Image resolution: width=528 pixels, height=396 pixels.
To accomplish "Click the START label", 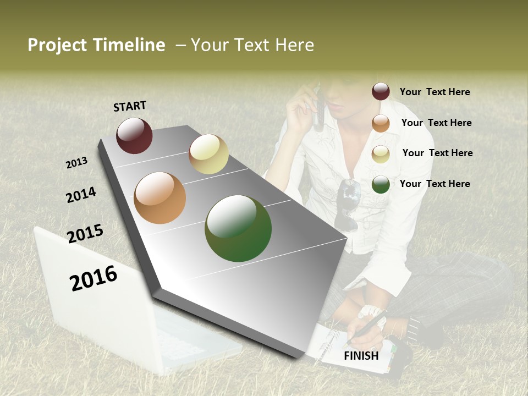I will pos(130,106).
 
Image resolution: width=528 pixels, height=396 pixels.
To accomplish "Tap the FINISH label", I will pos(361,356).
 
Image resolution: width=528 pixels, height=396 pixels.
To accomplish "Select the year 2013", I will pos(76,163).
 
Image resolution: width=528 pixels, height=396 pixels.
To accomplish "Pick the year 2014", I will pos(81,195).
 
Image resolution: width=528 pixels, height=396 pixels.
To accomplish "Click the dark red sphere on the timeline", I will pos(134,135).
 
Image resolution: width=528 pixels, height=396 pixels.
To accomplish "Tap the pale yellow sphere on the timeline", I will pos(208,154).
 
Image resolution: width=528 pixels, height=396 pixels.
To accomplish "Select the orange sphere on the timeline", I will pos(159,198).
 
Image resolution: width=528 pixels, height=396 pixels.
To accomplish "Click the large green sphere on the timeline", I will pos(238,228).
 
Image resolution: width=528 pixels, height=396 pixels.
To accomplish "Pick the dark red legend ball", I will pos(381,92).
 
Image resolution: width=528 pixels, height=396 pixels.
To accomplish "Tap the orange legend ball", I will pos(381,123).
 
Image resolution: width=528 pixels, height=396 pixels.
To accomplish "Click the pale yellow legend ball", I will pos(381,154).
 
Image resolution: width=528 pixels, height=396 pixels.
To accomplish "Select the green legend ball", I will pos(381,184).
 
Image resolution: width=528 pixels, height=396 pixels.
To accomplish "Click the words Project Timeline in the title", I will pos(96,45).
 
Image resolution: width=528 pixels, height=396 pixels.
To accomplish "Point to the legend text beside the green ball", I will pos(435,184).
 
